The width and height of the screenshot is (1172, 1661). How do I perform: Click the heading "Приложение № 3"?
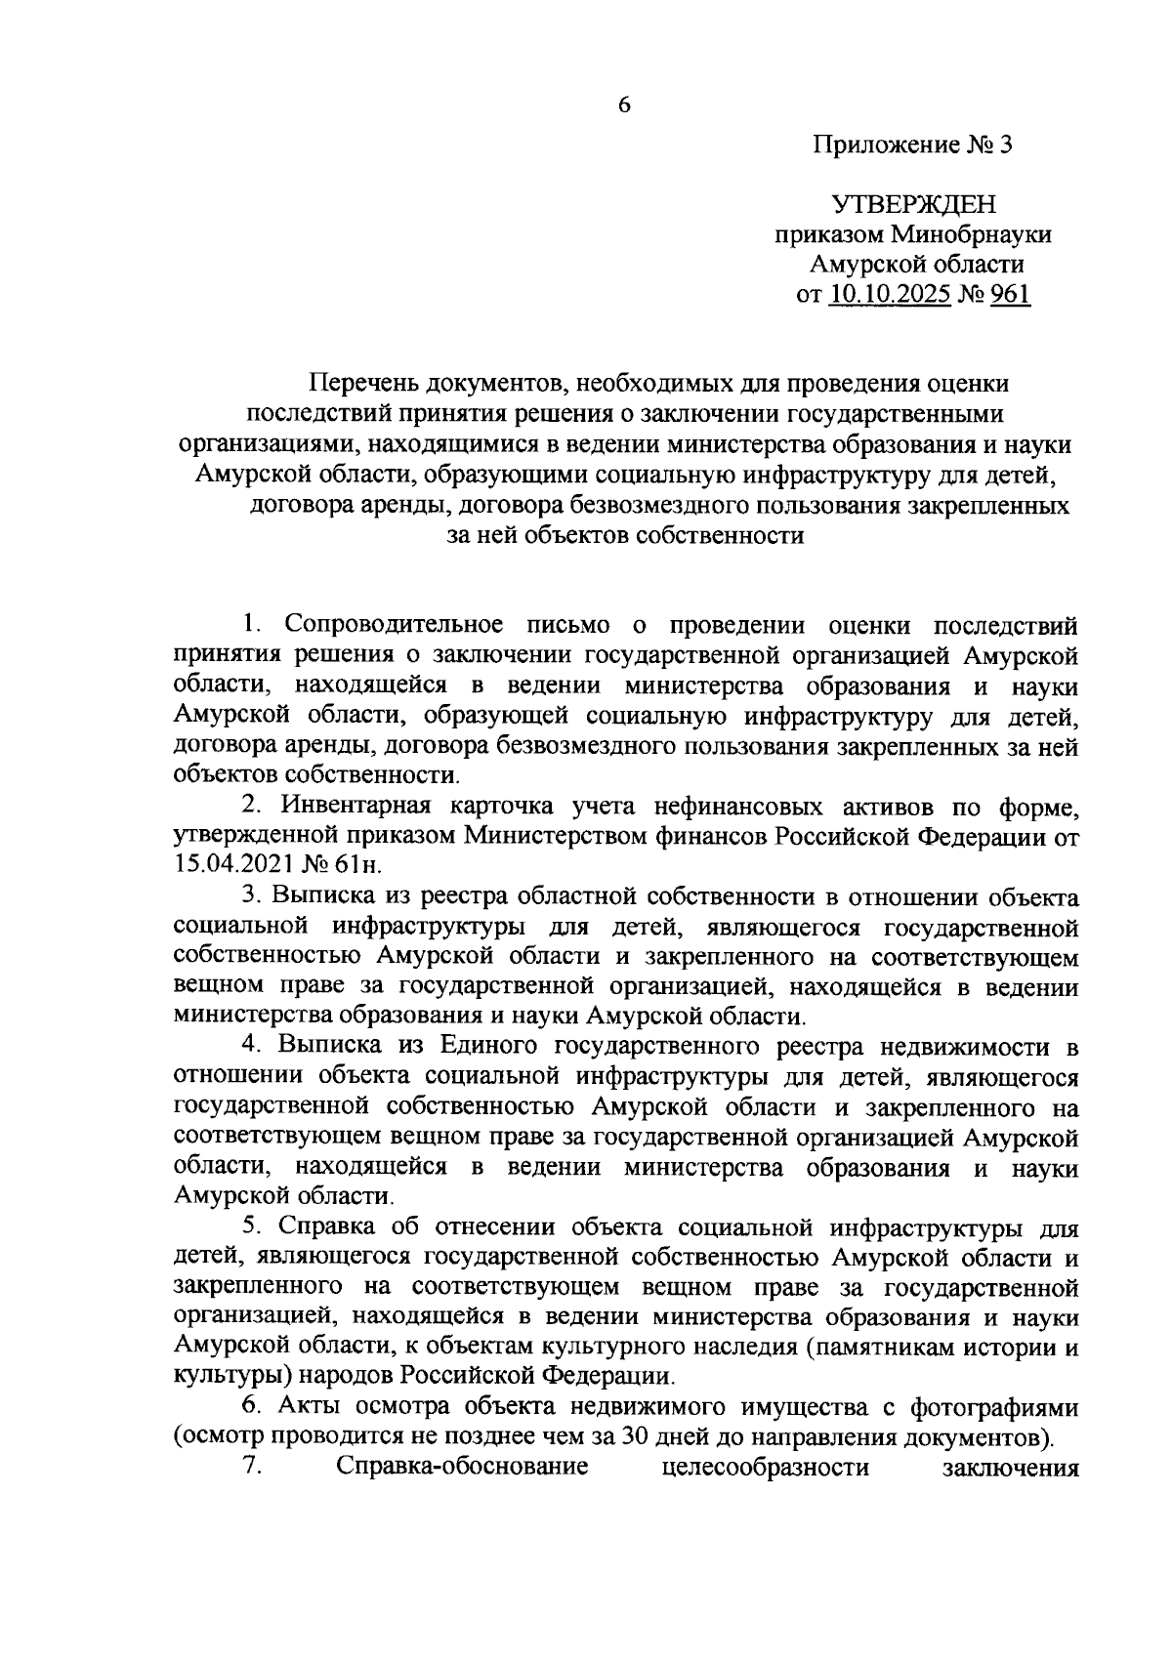914,145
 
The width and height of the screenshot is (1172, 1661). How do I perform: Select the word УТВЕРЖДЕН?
914,204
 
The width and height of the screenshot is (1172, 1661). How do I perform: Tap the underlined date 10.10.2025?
890,294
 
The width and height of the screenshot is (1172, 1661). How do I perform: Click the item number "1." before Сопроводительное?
252,623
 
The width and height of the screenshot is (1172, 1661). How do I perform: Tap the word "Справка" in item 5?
327,1227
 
